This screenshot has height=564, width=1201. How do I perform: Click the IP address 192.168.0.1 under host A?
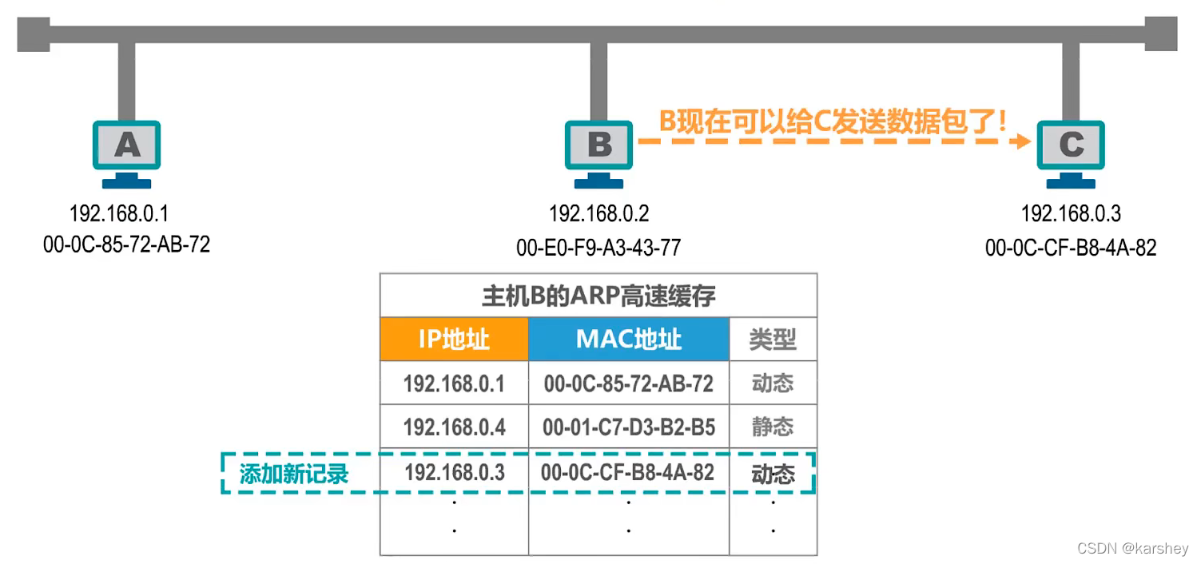119,214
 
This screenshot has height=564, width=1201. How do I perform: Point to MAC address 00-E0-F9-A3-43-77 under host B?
599,248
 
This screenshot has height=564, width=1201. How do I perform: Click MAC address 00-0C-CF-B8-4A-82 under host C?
1071,248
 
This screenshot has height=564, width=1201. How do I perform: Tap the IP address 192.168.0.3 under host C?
1071,214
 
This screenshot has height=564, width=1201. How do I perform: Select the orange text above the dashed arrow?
831,121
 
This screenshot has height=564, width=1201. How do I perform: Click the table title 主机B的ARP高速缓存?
598,296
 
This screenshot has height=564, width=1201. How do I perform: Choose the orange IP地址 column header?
454,340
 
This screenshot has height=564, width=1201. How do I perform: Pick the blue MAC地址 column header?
629,340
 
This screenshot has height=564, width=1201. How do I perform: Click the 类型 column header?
773,340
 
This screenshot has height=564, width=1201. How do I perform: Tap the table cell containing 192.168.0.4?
454,427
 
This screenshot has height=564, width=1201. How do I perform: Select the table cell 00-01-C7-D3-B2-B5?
629,427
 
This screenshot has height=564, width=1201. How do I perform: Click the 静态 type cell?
773,427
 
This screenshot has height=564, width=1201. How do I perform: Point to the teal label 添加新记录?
294,474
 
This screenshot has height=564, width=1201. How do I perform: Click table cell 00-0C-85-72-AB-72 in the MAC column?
629,383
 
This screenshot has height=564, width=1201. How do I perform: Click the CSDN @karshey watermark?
1132,549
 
